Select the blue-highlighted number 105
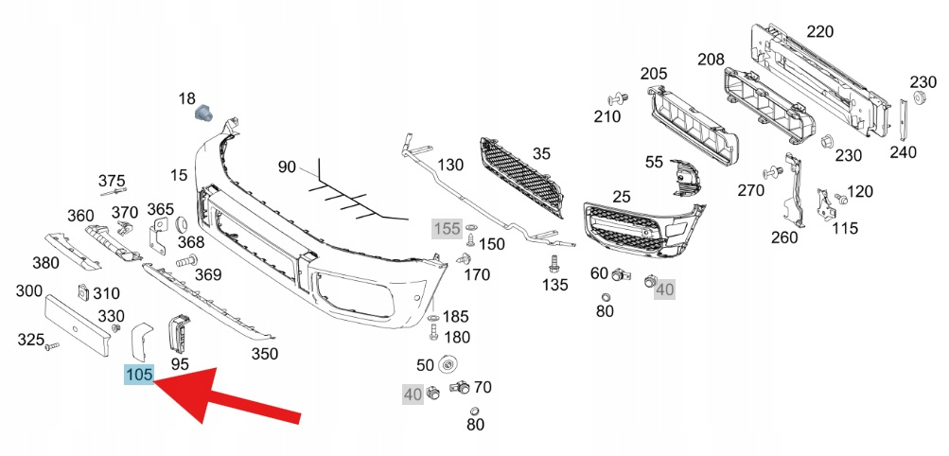click(139, 376)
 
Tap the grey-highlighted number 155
click(447, 229)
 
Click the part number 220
click(819, 32)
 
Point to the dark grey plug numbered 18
click(202, 114)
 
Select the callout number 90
click(288, 167)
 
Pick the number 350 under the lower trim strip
click(264, 354)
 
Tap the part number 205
click(654, 74)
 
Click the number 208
click(711, 60)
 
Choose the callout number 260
click(784, 237)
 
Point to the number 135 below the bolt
click(554, 284)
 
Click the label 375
click(112, 182)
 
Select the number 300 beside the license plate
click(28, 290)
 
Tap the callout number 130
click(450, 166)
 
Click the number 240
click(904, 151)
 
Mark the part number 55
click(654, 162)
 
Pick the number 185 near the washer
click(456, 317)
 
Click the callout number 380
click(46, 263)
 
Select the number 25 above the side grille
click(621, 197)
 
